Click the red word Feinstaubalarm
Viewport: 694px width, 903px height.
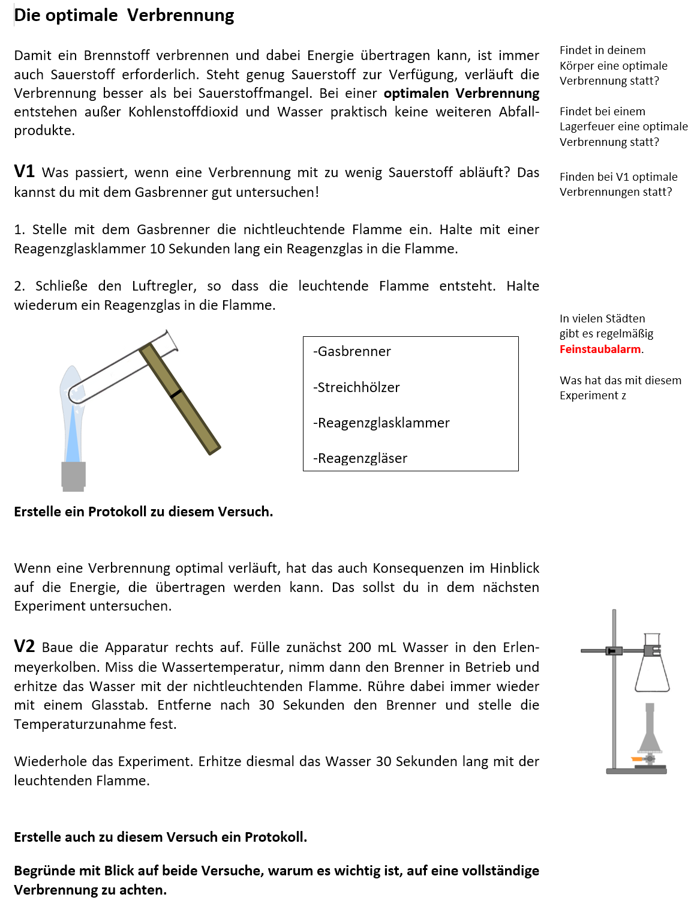[600, 349]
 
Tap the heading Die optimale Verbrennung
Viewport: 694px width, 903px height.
[124, 15]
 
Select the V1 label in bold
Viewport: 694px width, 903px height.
[25, 172]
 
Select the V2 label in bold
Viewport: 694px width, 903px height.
[25, 647]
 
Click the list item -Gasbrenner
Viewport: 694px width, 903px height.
[352, 352]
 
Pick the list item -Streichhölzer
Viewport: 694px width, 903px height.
[356, 388]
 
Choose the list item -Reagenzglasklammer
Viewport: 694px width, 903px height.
[381, 423]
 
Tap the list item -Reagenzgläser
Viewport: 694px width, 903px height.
[360, 459]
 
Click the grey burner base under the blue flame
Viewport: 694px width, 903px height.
[74, 476]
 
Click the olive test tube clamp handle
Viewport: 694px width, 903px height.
[180, 399]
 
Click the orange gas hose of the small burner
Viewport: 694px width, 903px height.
[637, 760]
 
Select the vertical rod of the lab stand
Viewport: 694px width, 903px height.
[614, 690]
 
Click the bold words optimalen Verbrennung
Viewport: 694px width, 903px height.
[461, 94]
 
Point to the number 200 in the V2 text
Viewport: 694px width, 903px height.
[359, 648]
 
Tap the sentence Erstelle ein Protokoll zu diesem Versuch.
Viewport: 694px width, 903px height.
[143, 512]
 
